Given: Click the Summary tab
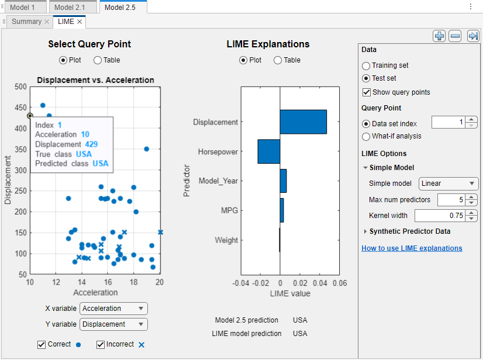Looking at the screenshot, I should click(27, 22).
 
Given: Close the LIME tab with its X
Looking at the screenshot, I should click(80, 22).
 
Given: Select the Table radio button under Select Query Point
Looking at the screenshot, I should click(98, 60).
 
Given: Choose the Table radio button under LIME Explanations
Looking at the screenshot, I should click(278, 60).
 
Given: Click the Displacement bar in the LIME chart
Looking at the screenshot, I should click(303, 122).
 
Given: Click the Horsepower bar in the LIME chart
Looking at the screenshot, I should click(268, 151).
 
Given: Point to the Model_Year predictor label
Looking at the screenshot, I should click(218, 181).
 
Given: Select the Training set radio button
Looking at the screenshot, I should click(367, 66).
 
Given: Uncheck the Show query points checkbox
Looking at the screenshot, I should click(367, 92).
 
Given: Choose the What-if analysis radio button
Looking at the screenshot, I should click(367, 137).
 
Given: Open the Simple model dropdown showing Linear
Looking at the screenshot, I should click(448, 184).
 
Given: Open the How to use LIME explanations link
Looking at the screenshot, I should click(412, 248).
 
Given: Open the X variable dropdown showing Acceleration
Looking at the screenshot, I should click(114, 309).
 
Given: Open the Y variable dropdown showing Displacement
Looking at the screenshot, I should click(114, 324).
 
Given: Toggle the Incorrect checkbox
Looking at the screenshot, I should click(101, 345).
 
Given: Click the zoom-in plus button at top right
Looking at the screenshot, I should click(439, 36).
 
